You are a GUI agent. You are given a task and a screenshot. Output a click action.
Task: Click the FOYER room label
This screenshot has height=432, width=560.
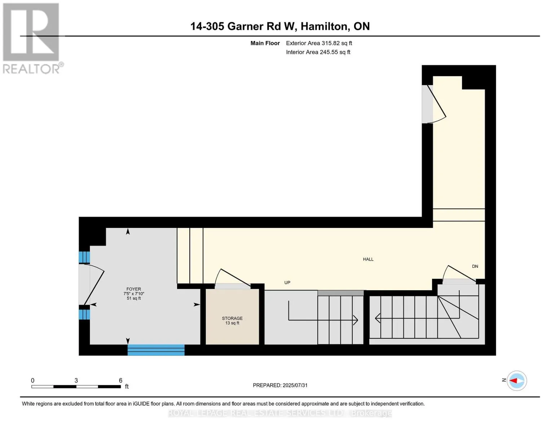(x=134, y=289)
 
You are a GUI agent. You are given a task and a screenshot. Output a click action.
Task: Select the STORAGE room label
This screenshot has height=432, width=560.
(x=232, y=318)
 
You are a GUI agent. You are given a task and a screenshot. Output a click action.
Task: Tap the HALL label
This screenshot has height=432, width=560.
(x=368, y=259)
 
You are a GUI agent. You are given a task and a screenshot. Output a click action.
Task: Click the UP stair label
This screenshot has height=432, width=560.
(x=287, y=283)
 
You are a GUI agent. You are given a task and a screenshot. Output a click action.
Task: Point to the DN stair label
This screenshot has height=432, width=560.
(x=475, y=266)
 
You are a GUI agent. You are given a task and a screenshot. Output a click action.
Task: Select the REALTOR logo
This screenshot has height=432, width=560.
(x=32, y=38)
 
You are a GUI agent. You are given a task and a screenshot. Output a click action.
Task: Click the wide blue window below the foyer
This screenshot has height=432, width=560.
(x=156, y=350)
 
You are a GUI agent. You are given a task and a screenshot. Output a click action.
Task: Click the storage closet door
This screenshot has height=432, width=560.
(x=233, y=279)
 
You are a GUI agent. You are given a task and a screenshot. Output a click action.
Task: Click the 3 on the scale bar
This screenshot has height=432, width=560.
(x=76, y=381)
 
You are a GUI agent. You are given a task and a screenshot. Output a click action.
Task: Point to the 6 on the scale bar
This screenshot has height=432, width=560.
(x=120, y=381)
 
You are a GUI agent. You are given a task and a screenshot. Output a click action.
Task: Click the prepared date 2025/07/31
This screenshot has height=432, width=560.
(x=295, y=385)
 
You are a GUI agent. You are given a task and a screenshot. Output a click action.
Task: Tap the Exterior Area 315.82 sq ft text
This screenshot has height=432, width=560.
(x=319, y=43)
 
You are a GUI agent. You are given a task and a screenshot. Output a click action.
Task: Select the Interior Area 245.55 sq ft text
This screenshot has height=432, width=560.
(x=318, y=52)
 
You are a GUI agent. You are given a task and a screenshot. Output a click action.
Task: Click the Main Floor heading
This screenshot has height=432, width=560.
(x=265, y=43)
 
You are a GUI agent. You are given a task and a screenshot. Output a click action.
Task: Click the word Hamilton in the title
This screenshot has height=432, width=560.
(x=324, y=26)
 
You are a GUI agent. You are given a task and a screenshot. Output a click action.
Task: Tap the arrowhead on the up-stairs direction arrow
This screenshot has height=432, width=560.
(x=356, y=320)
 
